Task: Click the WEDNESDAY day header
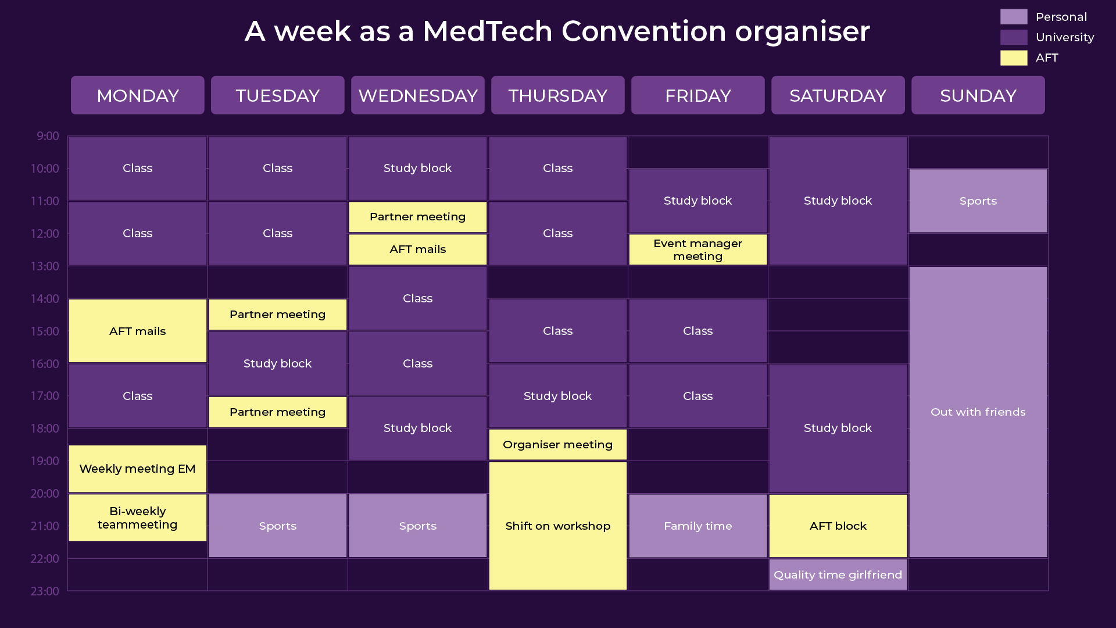point(417,95)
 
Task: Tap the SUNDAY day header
point(978,95)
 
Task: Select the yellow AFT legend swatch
point(1014,58)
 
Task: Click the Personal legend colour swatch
point(1014,17)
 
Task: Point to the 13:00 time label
point(45,266)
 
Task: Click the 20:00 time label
point(45,494)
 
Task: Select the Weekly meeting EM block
point(138,469)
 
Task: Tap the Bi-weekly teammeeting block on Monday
point(138,518)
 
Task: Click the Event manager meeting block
point(697,249)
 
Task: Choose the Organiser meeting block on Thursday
point(557,445)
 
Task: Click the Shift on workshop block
point(557,526)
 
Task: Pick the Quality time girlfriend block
point(838,575)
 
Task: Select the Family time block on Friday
point(697,526)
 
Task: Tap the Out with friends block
point(978,412)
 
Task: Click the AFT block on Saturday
point(838,526)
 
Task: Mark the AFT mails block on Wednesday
point(417,249)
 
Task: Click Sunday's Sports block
point(978,201)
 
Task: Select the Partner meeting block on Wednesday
point(417,217)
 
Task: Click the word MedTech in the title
point(487,31)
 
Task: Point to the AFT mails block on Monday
point(138,331)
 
